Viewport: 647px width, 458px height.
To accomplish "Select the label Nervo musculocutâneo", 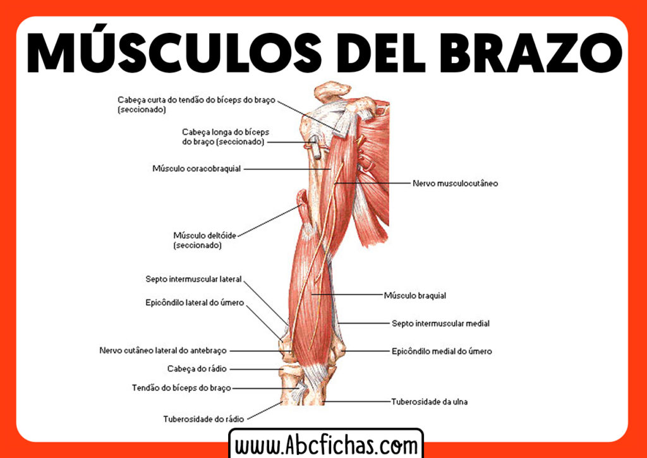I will click(455, 183).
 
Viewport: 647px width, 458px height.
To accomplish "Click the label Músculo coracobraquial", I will click(197, 169).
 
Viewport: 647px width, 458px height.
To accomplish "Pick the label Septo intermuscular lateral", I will click(193, 279).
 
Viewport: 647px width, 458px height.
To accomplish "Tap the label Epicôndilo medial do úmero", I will click(441, 351).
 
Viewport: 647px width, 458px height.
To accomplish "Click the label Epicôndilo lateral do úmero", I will click(195, 303).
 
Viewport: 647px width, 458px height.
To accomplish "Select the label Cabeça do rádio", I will click(197, 368).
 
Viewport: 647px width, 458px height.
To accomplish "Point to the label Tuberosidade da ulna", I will click(429, 401).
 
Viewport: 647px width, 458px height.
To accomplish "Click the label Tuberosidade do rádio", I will click(203, 418).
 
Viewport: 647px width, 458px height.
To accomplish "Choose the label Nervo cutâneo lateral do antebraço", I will click(163, 351).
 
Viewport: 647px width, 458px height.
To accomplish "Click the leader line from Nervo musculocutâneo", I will click(373, 183).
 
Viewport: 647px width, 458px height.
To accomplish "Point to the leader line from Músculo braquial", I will click(348, 295).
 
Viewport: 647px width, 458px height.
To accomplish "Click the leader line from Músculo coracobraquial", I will click(287, 169).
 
